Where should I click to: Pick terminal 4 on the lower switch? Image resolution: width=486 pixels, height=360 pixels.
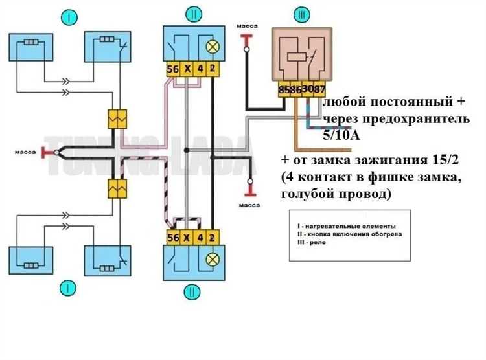(200, 237)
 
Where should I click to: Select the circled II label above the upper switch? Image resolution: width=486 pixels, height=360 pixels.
(192, 14)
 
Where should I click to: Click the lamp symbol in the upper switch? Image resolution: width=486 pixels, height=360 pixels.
(211, 47)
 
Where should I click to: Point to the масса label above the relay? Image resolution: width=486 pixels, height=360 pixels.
(247, 26)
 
